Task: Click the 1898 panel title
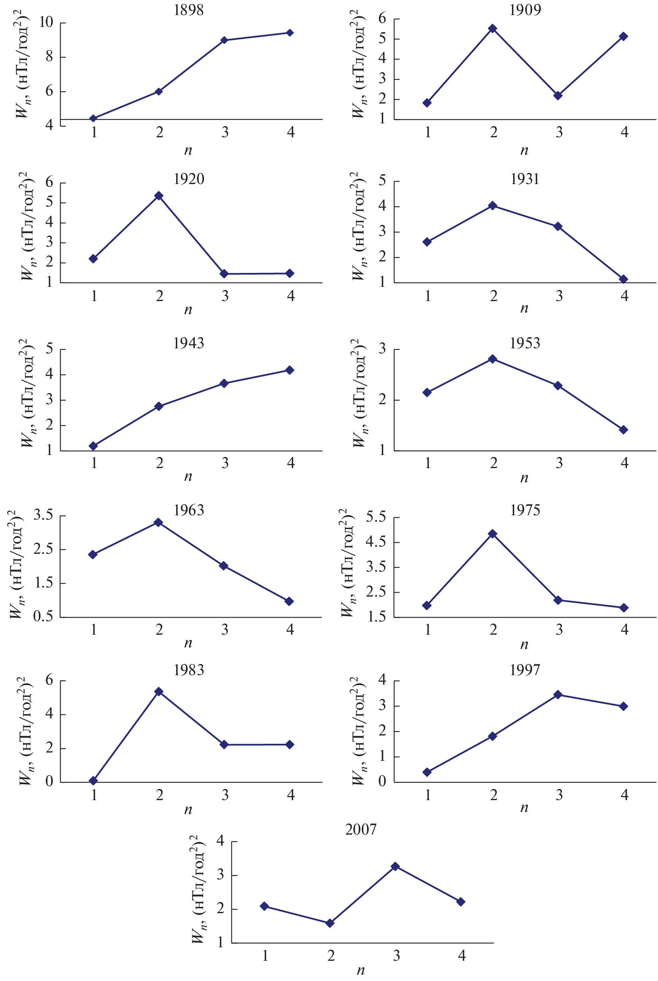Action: [189, 10]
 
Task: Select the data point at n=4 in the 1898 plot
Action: [290, 33]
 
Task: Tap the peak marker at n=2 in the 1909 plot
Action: [493, 29]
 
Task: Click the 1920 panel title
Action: [189, 179]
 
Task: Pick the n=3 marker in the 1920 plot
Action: [224, 274]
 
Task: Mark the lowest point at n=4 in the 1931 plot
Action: [623, 279]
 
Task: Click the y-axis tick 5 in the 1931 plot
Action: [382, 181]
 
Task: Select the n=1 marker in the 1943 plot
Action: [93, 446]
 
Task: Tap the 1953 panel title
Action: [525, 344]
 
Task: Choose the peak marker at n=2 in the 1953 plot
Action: [493, 359]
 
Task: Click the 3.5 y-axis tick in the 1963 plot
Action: [43, 515]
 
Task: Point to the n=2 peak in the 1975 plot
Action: [493, 534]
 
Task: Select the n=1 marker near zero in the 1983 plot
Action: [93, 781]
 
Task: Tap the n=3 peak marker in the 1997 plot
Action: [558, 695]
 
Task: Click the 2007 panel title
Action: [360, 829]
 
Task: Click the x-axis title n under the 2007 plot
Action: [360, 971]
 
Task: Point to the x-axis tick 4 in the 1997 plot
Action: [624, 795]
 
